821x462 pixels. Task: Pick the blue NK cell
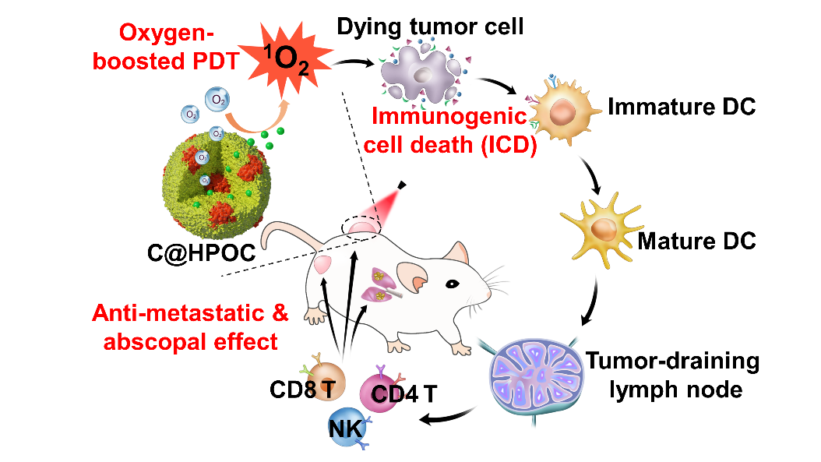coord(345,428)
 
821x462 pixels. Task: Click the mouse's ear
coord(414,276)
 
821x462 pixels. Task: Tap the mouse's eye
coord(449,284)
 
